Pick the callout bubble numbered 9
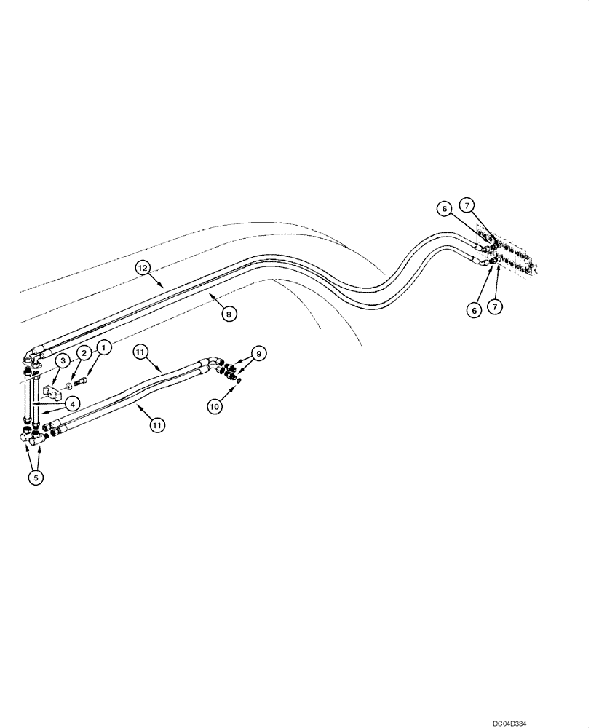[x=258, y=353]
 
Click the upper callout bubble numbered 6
[x=443, y=209]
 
